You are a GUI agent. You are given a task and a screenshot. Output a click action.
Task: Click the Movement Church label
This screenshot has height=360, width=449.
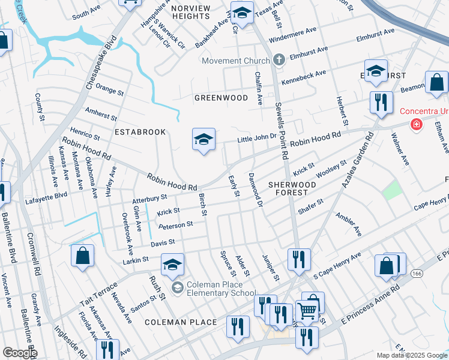click(236, 61)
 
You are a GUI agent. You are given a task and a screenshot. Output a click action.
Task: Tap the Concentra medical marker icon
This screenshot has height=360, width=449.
click(415, 124)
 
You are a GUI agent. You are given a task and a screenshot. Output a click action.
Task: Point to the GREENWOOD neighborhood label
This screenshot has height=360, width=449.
click(221, 97)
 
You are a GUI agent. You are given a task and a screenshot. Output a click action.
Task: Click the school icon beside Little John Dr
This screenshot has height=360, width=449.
click(203, 140)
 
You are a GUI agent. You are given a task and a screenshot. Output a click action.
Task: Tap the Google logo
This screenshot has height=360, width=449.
click(19, 353)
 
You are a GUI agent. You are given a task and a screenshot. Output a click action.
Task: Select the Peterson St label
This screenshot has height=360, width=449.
click(175, 225)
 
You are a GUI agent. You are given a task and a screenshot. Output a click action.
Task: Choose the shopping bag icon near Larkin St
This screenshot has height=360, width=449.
click(83, 255)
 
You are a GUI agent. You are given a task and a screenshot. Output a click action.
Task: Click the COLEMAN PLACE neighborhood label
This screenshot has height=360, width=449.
click(181, 322)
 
